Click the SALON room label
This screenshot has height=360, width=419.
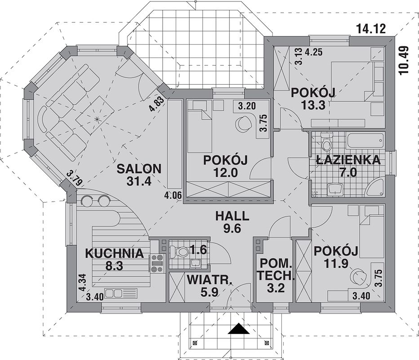coord(139,169)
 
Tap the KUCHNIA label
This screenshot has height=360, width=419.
coord(114,253)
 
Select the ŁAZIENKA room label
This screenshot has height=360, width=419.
coord(348,160)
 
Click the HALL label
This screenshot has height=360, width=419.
coord(232,216)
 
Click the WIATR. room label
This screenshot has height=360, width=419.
coord(209,280)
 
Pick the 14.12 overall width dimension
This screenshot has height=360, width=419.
coord(371,29)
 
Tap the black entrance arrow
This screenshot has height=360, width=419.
coord(239,329)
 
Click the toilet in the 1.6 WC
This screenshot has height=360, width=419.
coord(180,252)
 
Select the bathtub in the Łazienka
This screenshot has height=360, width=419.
coord(366,141)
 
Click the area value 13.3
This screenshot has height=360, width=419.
coord(313,105)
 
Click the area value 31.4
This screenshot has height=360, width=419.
coord(139,181)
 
